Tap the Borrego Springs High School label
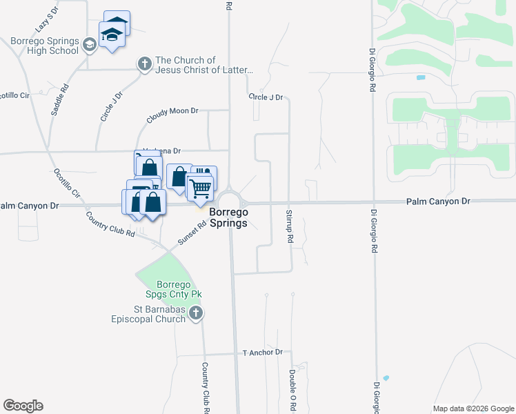tap(44, 46)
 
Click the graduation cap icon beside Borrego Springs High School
tap(89, 46)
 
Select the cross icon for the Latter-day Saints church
tap(144, 65)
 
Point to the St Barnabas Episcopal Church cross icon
tap(196, 314)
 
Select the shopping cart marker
tap(200, 186)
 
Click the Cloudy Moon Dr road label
tap(172, 115)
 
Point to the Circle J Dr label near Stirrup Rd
tap(266, 97)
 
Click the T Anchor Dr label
tap(263, 352)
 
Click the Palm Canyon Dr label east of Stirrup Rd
tap(438, 201)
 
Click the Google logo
tap(23, 406)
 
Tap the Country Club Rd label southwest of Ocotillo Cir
tap(110, 224)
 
